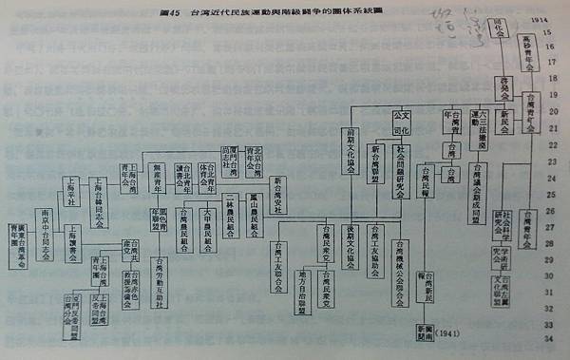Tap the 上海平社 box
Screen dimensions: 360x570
pyautogui.click(x=69, y=184)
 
